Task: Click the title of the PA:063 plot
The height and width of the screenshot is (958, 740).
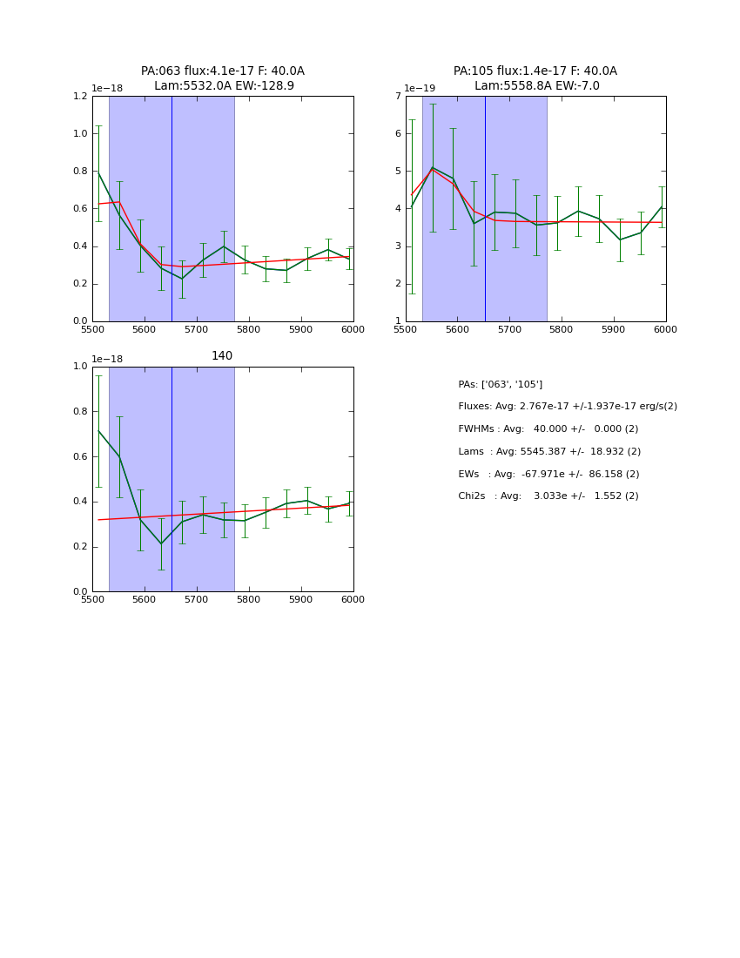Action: click(223, 78)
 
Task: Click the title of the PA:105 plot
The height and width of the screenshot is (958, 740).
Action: click(535, 78)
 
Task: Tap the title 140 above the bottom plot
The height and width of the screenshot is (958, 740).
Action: click(222, 356)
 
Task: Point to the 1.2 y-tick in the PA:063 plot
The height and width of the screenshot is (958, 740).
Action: click(79, 97)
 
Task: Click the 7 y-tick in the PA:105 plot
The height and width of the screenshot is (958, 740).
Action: click(397, 97)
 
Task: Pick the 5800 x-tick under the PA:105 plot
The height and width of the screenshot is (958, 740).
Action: click(562, 330)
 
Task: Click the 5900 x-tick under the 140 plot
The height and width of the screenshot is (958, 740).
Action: click(301, 600)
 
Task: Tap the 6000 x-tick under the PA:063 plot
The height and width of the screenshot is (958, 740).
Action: click(353, 330)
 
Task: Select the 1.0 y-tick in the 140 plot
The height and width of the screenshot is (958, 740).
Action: click(79, 367)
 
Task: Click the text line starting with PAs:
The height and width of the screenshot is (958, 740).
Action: click(501, 385)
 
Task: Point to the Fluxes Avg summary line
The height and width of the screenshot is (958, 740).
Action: click(568, 407)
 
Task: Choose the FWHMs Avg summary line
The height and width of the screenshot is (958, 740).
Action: click(548, 429)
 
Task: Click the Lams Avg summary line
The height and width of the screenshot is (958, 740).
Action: click(549, 452)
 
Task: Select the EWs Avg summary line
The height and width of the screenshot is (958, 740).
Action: click(548, 475)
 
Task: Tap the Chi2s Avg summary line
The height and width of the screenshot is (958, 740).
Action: click(548, 496)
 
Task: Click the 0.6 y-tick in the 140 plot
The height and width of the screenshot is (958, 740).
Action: click(79, 456)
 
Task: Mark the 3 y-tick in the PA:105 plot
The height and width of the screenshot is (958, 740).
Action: click(397, 246)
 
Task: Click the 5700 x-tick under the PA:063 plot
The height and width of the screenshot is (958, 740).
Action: click(197, 330)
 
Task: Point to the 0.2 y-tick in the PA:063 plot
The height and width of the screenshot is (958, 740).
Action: click(79, 284)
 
